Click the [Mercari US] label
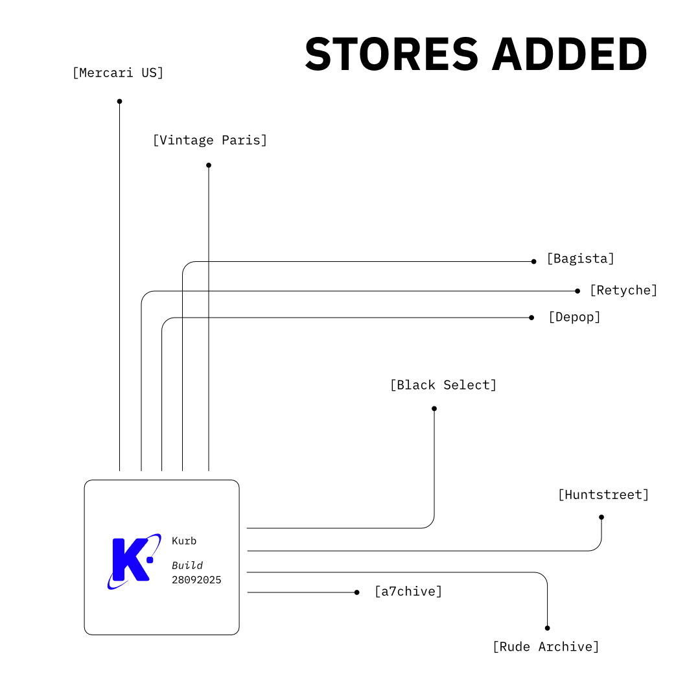(x=118, y=73)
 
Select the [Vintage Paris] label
(x=209, y=140)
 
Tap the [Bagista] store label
(x=580, y=259)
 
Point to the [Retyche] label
(x=623, y=290)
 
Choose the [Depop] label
(x=574, y=317)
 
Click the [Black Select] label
(x=443, y=385)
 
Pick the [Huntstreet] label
(x=603, y=495)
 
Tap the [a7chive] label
(x=408, y=591)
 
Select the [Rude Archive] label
(x=546, y=647)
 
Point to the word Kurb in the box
(x=184, y=541)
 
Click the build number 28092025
(x=196, y=580)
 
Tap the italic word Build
(x=187, y=566)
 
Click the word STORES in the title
(x=391, y=54)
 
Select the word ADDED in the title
(x=570, y=54)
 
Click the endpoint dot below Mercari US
(x=119, y=101)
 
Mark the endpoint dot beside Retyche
(x=577, y=291)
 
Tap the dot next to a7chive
(x=356, y=592)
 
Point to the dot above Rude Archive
(x=548, y=628)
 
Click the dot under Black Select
(x=434, y=408)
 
